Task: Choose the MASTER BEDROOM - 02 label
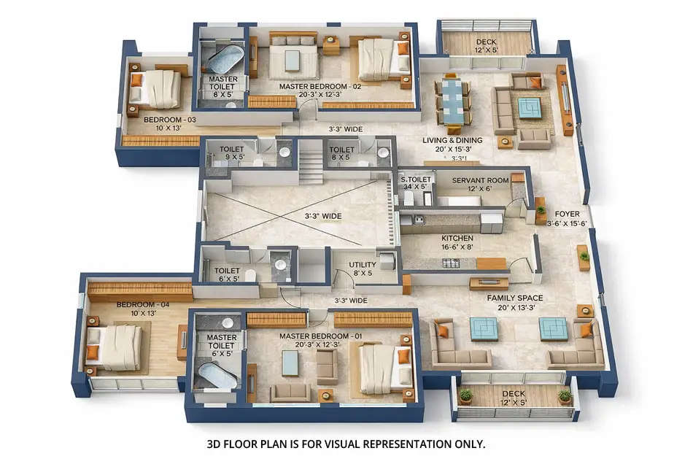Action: [320, 86]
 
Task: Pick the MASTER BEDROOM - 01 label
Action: [321, 336]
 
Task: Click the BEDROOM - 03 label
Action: [169, 120]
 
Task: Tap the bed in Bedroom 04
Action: [116, 347]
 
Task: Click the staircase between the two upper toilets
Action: [310, 162]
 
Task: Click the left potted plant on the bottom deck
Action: [465, 395]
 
